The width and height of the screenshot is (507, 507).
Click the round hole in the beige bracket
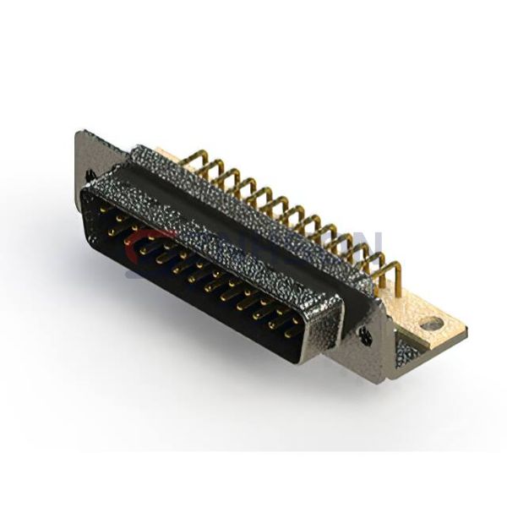[x=432, y=323]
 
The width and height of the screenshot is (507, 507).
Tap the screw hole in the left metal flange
[x=90, y=175]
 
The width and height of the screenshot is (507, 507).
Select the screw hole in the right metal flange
[x=365, y=335]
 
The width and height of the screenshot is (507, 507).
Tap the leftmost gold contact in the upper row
[x=102, y=207]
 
